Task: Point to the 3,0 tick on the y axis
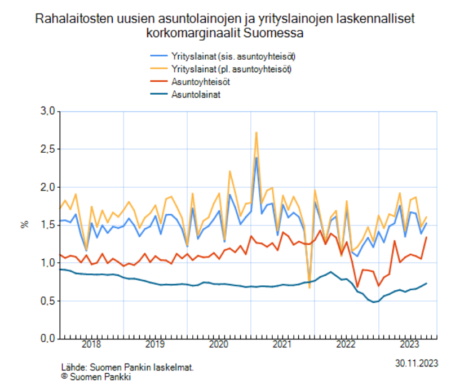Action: (x=47, y=112)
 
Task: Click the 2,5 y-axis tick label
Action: (x=47, y=149)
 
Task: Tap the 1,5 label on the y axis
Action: (x=47, y=225)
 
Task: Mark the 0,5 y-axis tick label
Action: (x=47, y=300)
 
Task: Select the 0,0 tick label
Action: (x=47, y=338)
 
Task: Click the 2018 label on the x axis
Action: (x=91, y=344)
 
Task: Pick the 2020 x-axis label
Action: (x=218, y=344)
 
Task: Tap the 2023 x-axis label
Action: (x=408, y=344)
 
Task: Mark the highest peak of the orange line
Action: (x=256, y=133)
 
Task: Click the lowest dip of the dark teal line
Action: (x=374, y=302)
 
